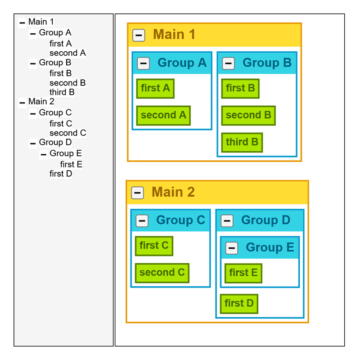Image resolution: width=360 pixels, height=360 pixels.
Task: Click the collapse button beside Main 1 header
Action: [139, 35]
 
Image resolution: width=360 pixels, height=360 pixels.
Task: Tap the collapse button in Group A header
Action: [143, 63]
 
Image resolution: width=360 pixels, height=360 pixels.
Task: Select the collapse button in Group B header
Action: [228, 63]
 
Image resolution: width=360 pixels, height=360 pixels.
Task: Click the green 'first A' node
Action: [155, 89]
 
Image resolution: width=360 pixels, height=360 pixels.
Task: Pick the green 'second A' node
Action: [163, 116]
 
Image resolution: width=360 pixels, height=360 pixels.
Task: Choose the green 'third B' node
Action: [242, 143]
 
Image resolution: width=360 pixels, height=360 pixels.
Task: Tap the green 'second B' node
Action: [248, 116]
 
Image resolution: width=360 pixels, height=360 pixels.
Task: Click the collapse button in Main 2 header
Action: [138, 193]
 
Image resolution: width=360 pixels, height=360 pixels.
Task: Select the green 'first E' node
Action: [243, 273]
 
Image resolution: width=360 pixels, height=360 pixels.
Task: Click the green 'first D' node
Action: [239, 304]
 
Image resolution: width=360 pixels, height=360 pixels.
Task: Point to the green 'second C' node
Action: [162, 273]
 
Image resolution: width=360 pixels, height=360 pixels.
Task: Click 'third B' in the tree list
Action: [62, 92]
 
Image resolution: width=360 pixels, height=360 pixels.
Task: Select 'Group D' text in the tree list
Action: [55, 143]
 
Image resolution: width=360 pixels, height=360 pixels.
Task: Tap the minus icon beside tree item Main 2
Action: [22, 103]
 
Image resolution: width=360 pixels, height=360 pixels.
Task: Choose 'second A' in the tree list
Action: [67, 53]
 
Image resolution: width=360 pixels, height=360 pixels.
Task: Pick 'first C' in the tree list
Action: [61, 124]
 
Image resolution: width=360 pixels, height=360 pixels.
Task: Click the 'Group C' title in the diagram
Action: [180, 220]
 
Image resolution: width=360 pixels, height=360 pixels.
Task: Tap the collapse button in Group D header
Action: [227, 221]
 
